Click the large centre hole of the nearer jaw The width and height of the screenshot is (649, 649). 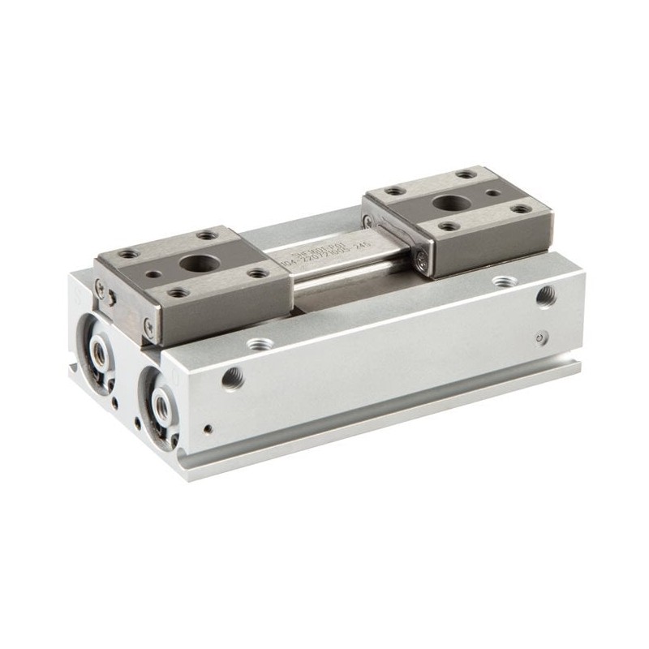coord(197,263)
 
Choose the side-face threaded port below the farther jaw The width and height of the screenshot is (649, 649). coord(544,298)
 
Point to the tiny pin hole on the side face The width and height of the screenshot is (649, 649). coord(209,428)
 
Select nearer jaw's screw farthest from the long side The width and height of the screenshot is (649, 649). coord(100,286)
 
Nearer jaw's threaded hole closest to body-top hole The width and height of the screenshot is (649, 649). coord(258,273)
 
